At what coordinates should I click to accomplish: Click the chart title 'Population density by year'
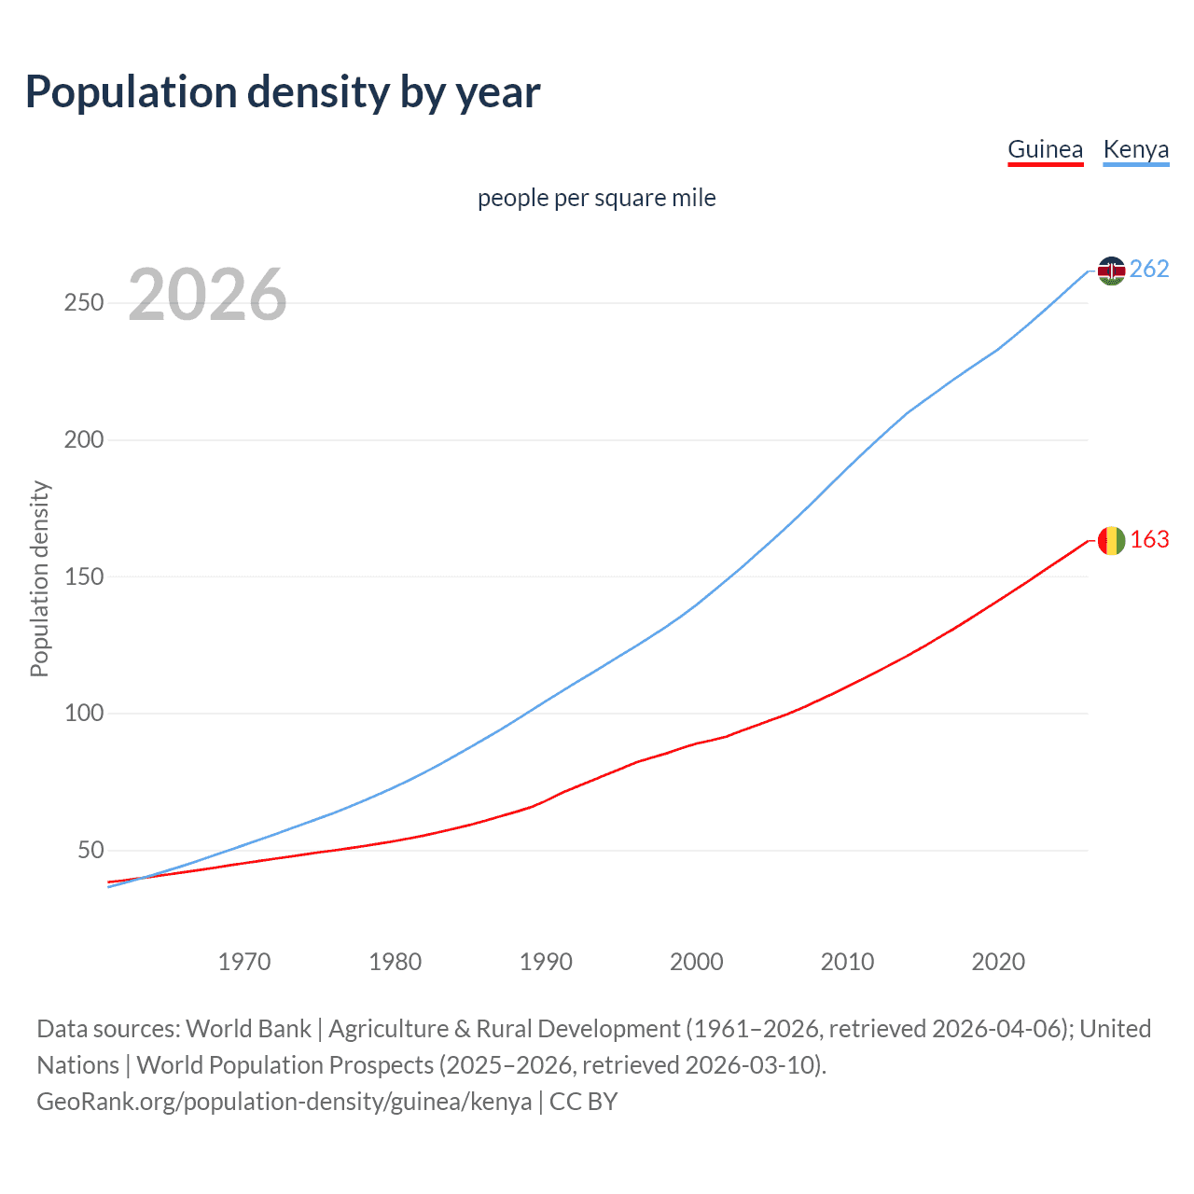(x=283, y=92)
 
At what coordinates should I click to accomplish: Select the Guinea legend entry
(x=1045, y=149)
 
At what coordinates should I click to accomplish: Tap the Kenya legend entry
(x=1135, y=149)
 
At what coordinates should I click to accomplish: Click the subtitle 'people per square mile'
(x=597, y=198)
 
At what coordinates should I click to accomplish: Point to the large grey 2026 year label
(x=207, y=295)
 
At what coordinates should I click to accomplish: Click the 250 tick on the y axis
(x=84, y=303)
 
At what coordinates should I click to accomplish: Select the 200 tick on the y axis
(x=84, y=439)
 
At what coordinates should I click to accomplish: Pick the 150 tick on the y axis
(x=84, y=576)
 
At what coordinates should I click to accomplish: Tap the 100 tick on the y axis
(x=84, y=714)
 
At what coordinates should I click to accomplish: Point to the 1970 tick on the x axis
(x=244, y=962)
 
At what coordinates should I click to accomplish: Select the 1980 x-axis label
(x=396, y=962)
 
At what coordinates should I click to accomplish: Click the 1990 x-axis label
(x=546, y=962)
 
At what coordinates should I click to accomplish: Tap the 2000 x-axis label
(x=697, y=962)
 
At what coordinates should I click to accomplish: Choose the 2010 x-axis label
(x=847, y=962)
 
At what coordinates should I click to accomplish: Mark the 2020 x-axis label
(x=998, y=962)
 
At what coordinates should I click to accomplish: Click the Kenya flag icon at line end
(x=1111, y=271)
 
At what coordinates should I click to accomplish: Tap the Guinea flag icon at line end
(x=1111, y=540)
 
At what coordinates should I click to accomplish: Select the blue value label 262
(x=1149, y=270)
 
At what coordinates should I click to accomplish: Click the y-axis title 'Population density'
(x=39, y=578)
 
